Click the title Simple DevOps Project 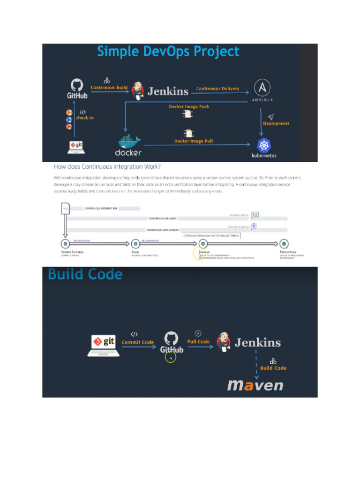pyautogui.click(x=168, y=52)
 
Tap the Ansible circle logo pyautogui.click(x=262, y=88)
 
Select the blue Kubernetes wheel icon pyautogui.click(x=264, y=145)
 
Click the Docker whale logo pyautogui.click(x=128, y=142)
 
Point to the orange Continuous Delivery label pyautogui.click(x=217, y=89)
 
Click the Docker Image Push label pyautogui.click(x=189, y=107)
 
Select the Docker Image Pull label pyautogui.click(x=193, y=141)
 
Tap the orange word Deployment pyautogui.click(x=276, y=124)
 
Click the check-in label pyautogui.click(x=85, y=118)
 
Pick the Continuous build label pyautogui.click(x=109, y=88)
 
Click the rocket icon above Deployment pyautogui.click(x=270, y=117)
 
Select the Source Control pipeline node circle pyautogui.click(x=65, y=244)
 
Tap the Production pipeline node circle pyautogui.click(x=284, y=244)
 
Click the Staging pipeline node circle pyautogui.click(x=202, y=244)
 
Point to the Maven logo pyautogui.click(x=255, y=385)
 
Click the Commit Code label pyautogui.click(x=137, y=342)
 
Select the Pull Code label pyautogui.click(x=198, y=342)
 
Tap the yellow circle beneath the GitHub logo pyautogui.click(x=171, y=358)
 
